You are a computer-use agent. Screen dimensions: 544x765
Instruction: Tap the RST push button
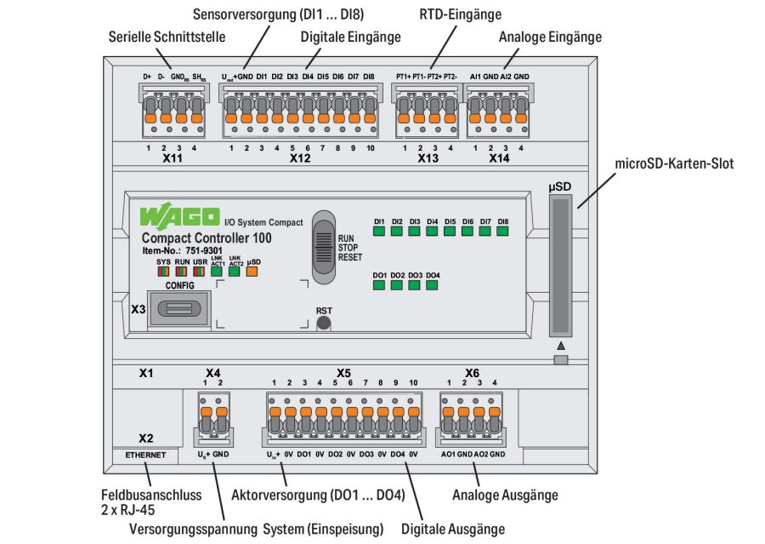pos(323,325)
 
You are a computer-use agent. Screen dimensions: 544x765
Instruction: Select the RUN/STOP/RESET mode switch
pos(324,247)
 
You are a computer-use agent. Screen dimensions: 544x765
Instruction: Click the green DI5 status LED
pos(450,231)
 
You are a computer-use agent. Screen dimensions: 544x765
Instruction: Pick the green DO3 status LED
pos(415,284)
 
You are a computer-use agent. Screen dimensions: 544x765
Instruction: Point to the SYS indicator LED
pos(163,272)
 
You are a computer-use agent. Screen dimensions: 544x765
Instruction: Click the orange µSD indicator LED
pos(252,272)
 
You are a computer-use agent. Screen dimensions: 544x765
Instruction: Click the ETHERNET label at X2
pos(145,455)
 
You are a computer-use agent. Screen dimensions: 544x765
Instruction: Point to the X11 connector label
pos(173,158)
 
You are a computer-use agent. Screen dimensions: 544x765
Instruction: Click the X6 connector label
pos(472,373)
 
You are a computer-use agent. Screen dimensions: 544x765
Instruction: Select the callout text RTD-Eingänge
pos(460,14)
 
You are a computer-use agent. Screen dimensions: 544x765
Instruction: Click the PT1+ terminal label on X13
pos(404,77)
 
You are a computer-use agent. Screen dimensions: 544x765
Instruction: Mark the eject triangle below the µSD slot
pos(560,346)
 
